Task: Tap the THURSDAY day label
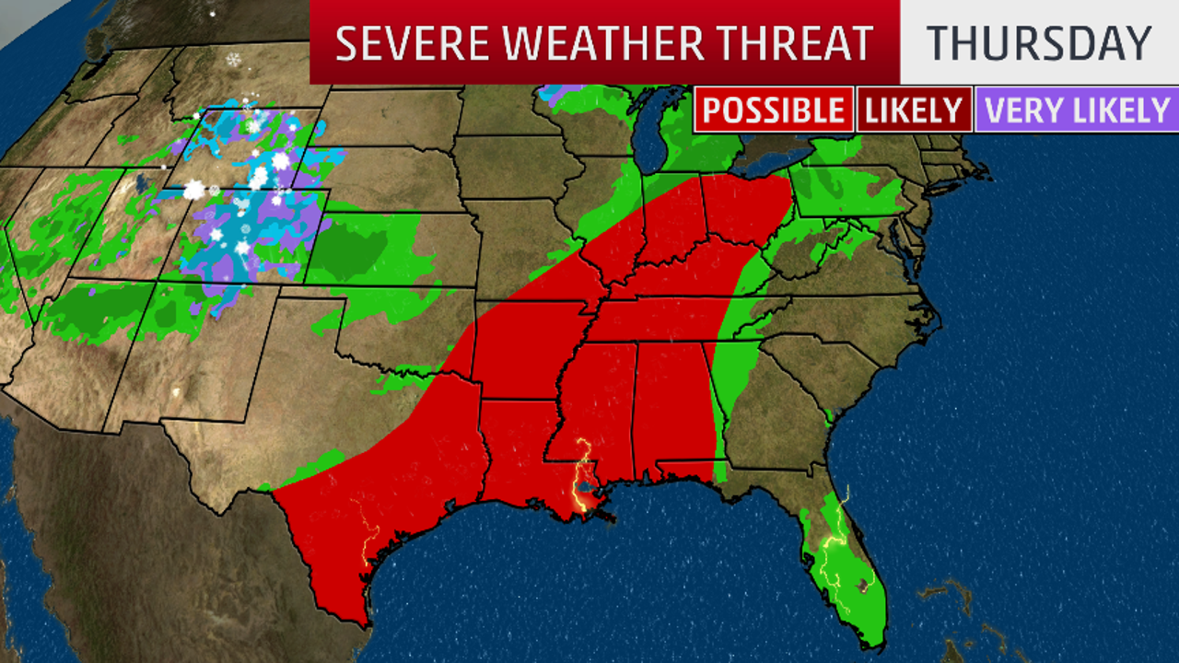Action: (1039, 43)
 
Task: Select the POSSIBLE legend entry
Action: (774, 110)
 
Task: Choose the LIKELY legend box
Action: (914, 110)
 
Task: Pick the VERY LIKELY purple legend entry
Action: (1077, 110)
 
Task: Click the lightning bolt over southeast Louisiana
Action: (582, 479)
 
